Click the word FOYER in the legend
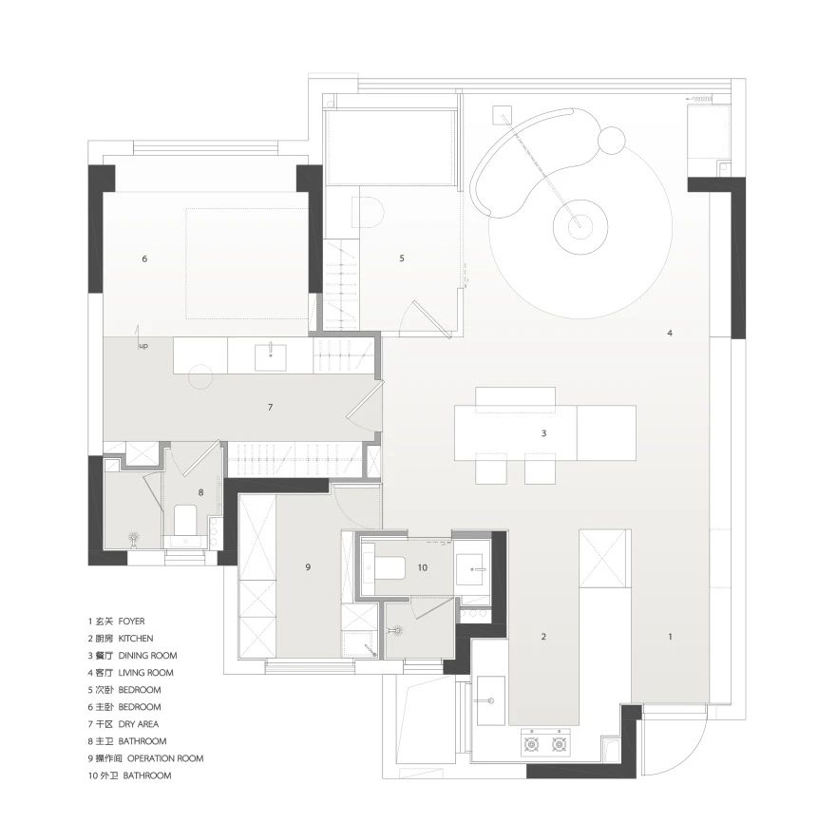[x=131, y=622]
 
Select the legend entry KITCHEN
[x=136, y=639]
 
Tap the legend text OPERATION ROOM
[x=165, y=758]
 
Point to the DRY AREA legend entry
[x=139, y=724]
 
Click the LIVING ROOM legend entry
[x=146, y=673]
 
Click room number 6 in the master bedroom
[x=144, y=258]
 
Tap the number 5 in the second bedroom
[x=402, y=258]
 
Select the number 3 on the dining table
[x=544, y=433]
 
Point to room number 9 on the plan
[x=308, y=566]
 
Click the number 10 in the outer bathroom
[x=423, y=567]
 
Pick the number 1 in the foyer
[x=670, y=637]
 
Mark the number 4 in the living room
[x=670, y=333]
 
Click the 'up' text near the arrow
[x=143, y=346]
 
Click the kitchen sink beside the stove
[x=491, y=700]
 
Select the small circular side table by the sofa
[x=611, y=140]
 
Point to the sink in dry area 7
[x=271, y=357]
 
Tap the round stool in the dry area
[x=200, y=376]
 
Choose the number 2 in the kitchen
[x=543, y=637]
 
